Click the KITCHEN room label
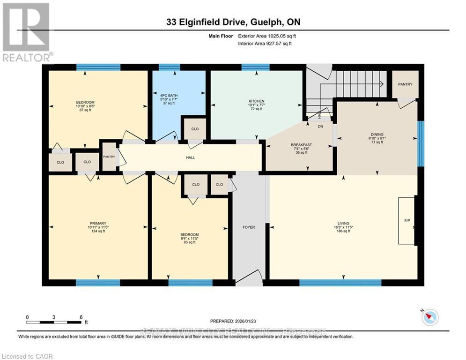click(256, 101)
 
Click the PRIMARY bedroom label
click(98, 223)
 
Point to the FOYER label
click(249, 227)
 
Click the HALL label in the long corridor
click(189, 157)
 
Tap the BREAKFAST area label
click(301, 145)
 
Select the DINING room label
click(377, 134)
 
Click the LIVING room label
click(343, 223)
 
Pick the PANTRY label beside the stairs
click(405, 84)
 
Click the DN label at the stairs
click(320, 127)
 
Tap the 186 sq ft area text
click(343, 231)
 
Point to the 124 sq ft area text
click(98, 231)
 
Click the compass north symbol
click(429, 317)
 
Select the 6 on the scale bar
click(81, 317)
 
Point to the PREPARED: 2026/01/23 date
click(234, 321)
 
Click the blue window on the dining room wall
click(420, 143)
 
